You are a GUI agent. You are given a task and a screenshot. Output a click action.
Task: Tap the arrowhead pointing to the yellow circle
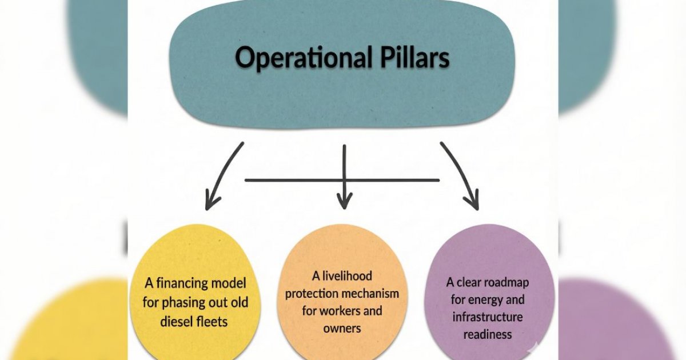pyautogui.click(x=212, y=199)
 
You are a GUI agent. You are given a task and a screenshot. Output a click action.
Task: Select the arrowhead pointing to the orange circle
pyautogui.click(x=344, y=200)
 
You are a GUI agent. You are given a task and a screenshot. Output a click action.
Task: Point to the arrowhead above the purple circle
pyautogui.click(x=471, y=200)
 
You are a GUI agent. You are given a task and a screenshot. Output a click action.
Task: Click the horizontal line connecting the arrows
pyautogui.click(x=297, y=181)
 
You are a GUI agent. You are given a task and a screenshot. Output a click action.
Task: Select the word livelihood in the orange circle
pyautogui.click(x=350, y=276)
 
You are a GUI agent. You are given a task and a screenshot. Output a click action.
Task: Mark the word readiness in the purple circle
pyautogui.click(x=488, y=335)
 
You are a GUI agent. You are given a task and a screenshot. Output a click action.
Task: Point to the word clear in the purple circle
pyautogui.click(x=470, y=282)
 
